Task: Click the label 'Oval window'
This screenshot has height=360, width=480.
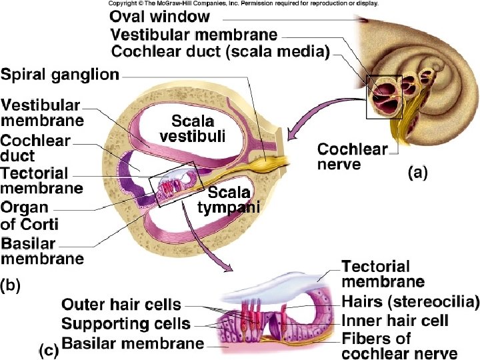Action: [x=159, y=16]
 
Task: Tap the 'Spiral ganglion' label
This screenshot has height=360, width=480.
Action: [x=60, y=75]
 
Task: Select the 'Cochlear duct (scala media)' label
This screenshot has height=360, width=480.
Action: [x=219, y=51]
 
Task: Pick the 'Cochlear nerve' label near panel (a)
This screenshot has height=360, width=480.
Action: [x=352, y=156]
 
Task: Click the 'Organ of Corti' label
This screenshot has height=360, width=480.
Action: [x=29, y=215]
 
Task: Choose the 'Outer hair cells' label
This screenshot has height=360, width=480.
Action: [x=121, y=305]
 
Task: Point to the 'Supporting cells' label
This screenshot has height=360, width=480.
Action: [x=125, y=324]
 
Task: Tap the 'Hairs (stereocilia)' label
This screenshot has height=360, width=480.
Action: [x=410, y=301]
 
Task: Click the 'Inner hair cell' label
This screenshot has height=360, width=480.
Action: [x=394, y=321]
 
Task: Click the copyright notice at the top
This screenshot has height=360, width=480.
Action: [x=243, y=3]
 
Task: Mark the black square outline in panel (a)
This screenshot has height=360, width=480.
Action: [x=383, y=97]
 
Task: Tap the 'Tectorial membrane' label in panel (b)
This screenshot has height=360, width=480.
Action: [x=41, y=181]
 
